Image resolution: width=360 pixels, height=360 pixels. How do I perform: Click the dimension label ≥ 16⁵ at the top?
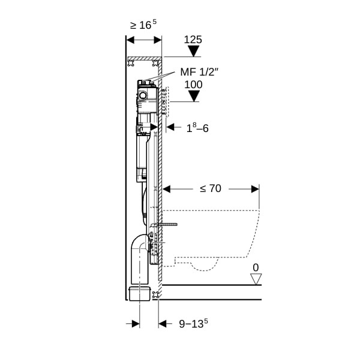pos(143,25)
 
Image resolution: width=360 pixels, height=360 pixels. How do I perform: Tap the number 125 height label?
pos(193,40)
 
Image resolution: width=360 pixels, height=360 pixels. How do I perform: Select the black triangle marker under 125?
pos(194,51)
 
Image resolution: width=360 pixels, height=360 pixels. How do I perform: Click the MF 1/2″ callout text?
pos(199,72)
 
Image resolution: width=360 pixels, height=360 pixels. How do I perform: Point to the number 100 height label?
pos(194,85)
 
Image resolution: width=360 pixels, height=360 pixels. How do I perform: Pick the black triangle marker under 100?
pos(194,96)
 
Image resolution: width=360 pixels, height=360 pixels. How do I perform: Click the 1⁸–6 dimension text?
pos(197,128)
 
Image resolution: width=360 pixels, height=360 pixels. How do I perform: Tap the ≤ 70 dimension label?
pos(211,188)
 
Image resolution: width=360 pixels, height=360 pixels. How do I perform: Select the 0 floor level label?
pos(256,268)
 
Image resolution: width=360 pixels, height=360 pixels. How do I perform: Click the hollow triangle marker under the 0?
pos(256,279)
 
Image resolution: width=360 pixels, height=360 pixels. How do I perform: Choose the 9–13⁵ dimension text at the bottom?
pos(193,323)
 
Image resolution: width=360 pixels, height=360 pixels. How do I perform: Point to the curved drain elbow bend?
pos(138,244)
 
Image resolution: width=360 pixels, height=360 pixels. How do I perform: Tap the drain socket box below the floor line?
pos(140,293)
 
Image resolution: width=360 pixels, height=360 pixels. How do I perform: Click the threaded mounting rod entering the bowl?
pos(167,224)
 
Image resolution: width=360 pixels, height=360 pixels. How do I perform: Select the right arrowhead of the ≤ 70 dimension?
pos(256,189)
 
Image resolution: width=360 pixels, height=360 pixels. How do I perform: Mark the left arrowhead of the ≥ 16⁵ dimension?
pos(130,40)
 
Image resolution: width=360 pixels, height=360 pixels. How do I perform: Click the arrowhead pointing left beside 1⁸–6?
pos(170,127)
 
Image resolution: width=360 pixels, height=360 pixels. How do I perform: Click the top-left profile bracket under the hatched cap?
pos(131,63)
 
